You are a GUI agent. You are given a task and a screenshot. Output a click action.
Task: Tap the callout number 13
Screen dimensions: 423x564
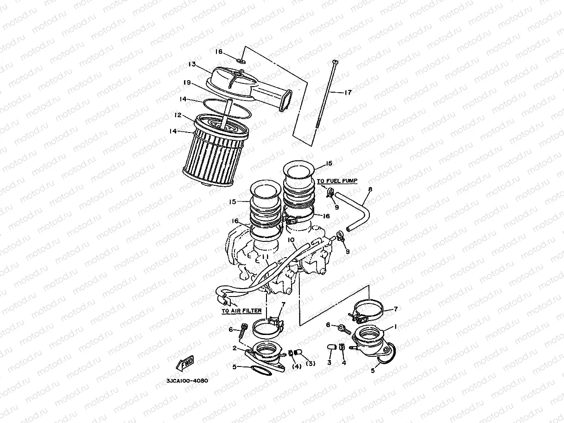192,63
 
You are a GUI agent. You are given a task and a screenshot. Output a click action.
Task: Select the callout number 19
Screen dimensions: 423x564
187,82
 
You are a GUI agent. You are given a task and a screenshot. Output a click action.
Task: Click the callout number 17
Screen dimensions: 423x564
348,92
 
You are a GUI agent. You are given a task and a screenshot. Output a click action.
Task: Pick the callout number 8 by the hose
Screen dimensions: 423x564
369,189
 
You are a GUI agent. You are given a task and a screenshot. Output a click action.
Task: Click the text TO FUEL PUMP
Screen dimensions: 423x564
337,181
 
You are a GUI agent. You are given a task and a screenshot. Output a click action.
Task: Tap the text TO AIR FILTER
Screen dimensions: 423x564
241,311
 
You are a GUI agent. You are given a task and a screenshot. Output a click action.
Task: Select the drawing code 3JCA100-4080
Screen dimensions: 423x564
187,381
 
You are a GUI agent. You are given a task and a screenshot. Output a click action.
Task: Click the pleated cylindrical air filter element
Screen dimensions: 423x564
214,153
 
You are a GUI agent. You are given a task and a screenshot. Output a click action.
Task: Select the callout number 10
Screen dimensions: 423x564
291,240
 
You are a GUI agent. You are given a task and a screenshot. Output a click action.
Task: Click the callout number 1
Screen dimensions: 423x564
395,327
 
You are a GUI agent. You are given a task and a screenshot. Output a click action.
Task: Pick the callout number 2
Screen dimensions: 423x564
235,347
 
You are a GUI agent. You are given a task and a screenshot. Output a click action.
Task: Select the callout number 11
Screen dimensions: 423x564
264,256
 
